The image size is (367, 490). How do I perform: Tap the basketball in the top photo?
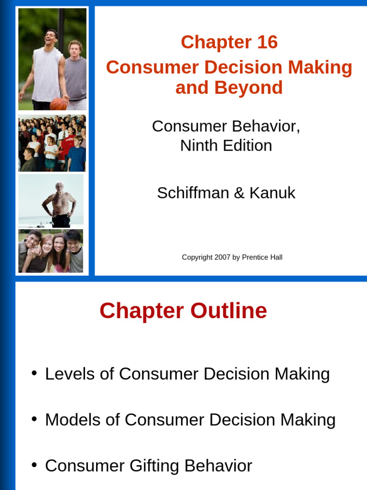(58, 103)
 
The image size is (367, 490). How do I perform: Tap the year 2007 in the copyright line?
(222, 257)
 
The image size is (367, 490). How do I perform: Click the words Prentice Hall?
(262, 257)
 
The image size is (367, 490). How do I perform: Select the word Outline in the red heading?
(228, 311)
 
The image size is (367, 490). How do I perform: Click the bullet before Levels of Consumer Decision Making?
(34, 373)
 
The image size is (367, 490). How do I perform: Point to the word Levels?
(70, 374)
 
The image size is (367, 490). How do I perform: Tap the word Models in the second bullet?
(72, 420)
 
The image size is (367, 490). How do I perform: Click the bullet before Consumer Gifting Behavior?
(34, 465)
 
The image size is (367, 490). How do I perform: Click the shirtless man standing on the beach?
(59, 203)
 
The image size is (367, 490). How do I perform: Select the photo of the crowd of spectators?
(52, 143)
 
